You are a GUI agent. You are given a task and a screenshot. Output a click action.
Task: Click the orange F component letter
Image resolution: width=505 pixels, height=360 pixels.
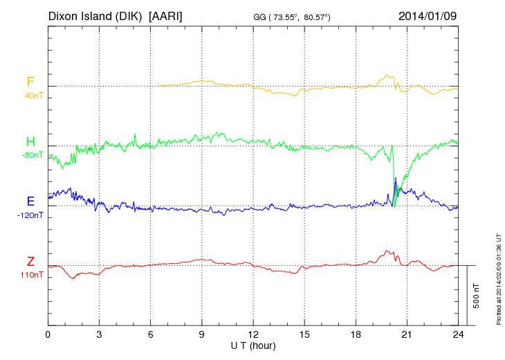point(30,82)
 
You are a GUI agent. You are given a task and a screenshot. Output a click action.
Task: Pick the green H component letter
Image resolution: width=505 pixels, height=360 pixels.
point(30,142)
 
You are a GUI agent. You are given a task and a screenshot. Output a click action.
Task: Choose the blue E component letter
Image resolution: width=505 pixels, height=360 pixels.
point(30,201)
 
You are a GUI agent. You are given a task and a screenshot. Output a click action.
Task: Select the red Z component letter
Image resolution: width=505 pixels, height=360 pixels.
point(30,262)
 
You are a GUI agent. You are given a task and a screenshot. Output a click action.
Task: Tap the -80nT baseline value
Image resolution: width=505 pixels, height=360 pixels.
point(32,155)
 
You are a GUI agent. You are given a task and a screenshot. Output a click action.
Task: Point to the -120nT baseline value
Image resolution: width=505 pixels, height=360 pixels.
point(30,215)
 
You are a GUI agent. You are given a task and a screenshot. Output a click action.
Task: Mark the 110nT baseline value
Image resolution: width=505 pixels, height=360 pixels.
point(32,275)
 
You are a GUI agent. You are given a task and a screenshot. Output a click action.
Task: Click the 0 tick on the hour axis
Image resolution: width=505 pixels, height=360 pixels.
point(48,335)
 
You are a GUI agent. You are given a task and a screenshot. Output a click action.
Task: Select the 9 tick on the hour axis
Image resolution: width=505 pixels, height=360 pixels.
point(201,335)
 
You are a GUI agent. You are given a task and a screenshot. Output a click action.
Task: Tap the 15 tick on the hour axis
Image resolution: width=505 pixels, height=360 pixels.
point(304,335)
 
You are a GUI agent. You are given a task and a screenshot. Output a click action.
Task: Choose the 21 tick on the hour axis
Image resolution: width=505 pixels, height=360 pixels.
point(406,335)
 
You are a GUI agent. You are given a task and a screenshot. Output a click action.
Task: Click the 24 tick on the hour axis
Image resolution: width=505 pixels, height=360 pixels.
point(457,335)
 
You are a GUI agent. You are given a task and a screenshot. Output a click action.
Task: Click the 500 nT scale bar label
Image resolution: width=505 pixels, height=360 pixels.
point(477,296)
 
